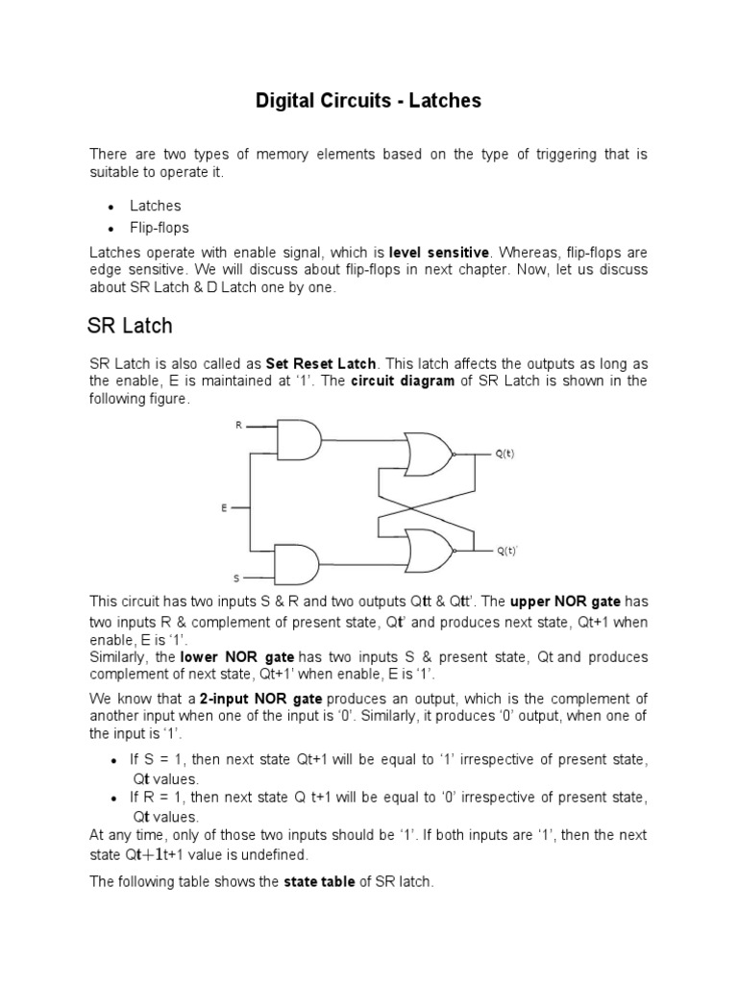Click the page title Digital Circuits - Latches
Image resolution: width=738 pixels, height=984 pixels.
coord(368,100)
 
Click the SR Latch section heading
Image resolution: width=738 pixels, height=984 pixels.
coord(130,326)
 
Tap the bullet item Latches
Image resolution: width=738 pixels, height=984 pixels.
coord(156,206)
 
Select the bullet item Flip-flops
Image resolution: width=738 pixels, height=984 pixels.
coord(160,228)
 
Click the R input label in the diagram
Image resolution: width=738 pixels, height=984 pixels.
coord(238,425)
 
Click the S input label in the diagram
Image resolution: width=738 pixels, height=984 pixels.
coord(237,578)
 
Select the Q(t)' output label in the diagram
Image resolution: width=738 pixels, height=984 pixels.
coord(506,552)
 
